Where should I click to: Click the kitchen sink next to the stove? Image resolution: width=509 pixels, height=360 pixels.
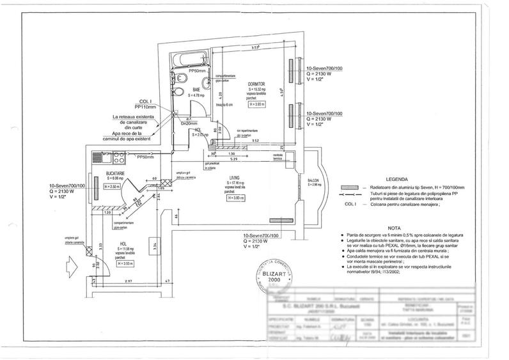click(100, 155)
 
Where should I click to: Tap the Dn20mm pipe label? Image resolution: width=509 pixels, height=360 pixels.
click(187, 123)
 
